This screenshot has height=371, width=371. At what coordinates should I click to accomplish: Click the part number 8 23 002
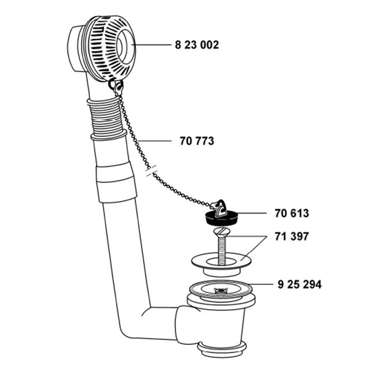click(197, 45)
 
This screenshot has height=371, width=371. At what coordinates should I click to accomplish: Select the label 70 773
click(197, 141)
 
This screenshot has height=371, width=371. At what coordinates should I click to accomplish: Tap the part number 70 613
click(292, 213)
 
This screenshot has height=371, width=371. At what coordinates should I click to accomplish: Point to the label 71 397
click(292, 236)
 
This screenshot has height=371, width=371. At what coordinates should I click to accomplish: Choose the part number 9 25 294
click(299, 284)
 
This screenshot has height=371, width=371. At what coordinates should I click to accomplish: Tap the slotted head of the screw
click(223, 231)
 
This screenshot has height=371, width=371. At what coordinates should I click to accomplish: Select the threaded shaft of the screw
click(222, 250)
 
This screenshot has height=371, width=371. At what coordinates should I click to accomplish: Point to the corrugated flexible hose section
click(107, 117)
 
